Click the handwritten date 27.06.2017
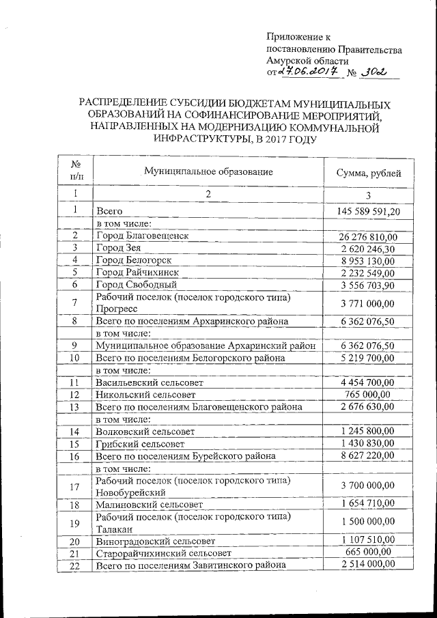click(307, 73)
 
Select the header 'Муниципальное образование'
click(208, 172)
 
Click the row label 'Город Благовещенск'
click(142, 236)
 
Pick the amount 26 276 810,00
click(369, 236)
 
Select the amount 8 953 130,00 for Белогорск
click(369, 261)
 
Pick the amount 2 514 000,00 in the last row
click(369, 564)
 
